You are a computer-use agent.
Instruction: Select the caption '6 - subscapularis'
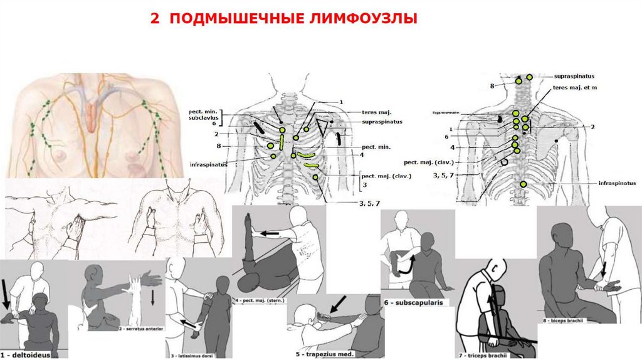[409, 302]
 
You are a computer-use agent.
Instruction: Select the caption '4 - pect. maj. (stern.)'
[261, 300]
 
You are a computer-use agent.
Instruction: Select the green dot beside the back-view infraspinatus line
[524, 184]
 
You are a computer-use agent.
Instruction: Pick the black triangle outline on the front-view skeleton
[323, 127]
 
